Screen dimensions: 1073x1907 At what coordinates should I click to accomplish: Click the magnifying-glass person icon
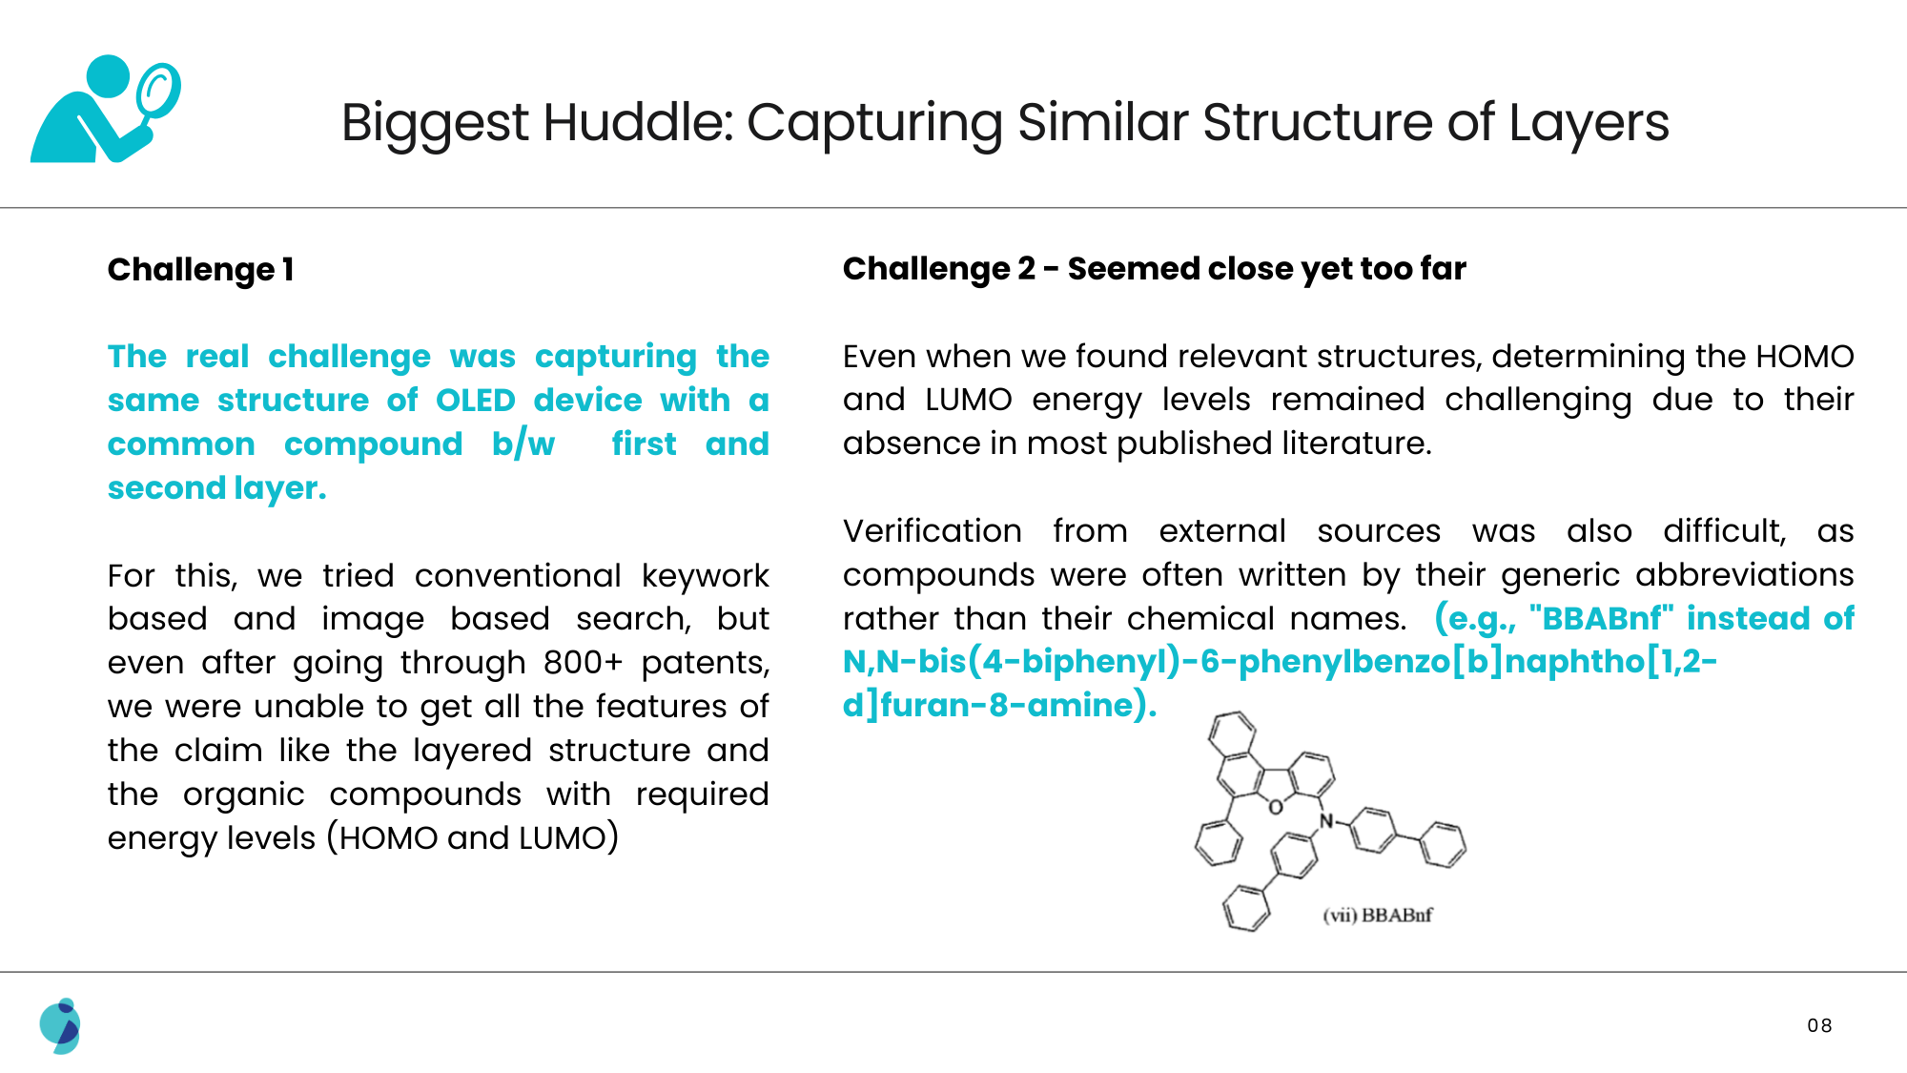(x=105, y=109)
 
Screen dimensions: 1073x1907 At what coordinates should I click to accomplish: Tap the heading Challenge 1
(x=200, y=270)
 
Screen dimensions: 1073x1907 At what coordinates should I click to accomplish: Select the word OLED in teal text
(x=475, y=401)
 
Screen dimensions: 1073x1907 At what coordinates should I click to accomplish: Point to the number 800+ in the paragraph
(x=583, y=663)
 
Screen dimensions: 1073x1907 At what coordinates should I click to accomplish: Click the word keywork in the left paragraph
(x=705, y=576)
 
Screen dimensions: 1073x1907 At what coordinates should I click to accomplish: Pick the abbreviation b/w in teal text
(x=523, y=444)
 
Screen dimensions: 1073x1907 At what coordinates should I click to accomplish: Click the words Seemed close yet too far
(x=1266, y=269)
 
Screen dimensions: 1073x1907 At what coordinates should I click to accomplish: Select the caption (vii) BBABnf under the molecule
(x=1377, y=916)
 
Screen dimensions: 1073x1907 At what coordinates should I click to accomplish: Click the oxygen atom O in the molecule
(x=1276, y=808)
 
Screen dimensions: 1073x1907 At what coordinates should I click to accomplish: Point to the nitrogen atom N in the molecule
(x=1325, y=821)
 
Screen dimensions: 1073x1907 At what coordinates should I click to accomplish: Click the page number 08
(x=1819, y=1025)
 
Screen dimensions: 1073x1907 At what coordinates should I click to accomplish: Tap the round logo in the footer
(x=60, y=1026)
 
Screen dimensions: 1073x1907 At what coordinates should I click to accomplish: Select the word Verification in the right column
(x=932, y=531)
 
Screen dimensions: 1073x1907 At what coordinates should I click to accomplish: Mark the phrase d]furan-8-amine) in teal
(x=998, y=706)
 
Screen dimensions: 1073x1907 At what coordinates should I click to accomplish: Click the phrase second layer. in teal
(x=216, y=488)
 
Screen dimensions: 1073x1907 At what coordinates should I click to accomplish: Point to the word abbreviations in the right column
(x=1744, y=575)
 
